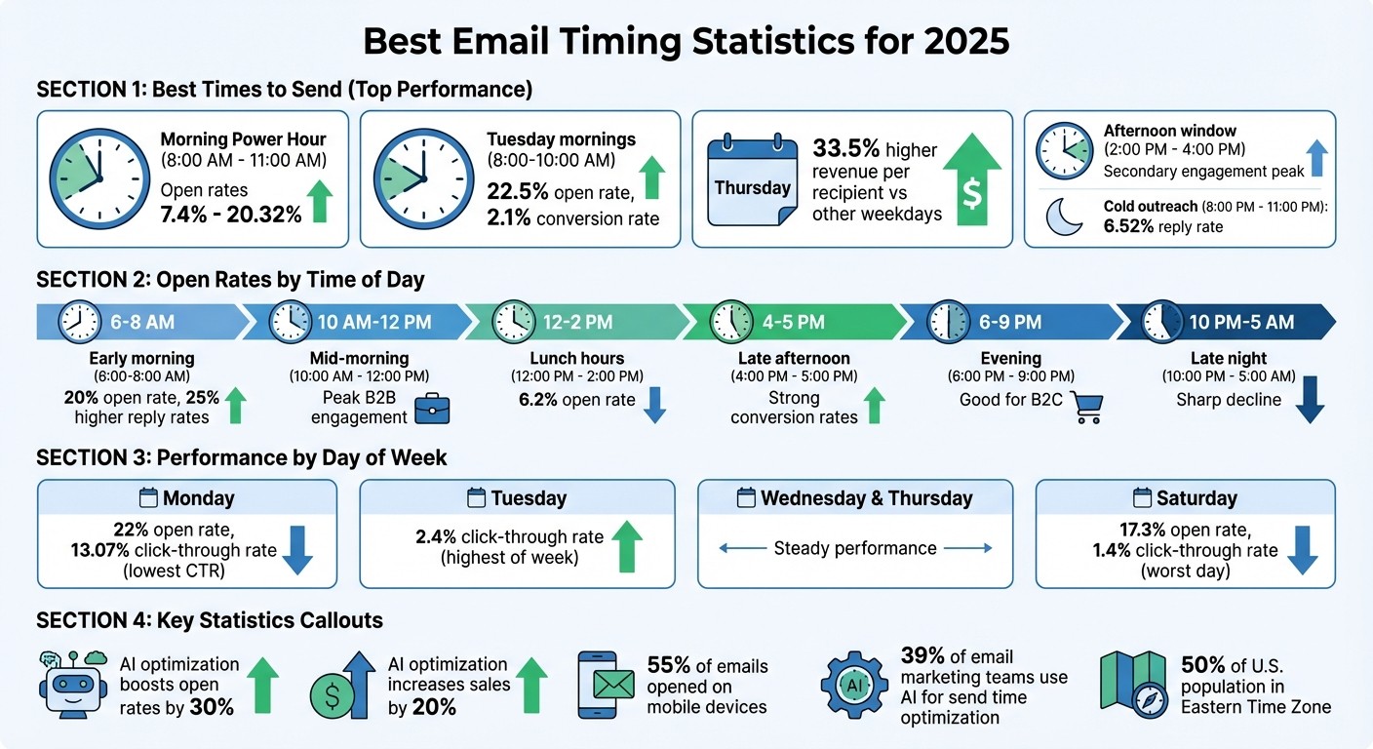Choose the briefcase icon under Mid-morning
pos(432,409)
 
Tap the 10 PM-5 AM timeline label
pos(1242,321)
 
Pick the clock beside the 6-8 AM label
pos(79,321)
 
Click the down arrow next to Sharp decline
pos(1309,401)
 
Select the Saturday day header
pos(1185,498)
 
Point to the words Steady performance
pos(854,548)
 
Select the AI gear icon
pos(854,686)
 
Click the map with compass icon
pos(1132,685)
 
